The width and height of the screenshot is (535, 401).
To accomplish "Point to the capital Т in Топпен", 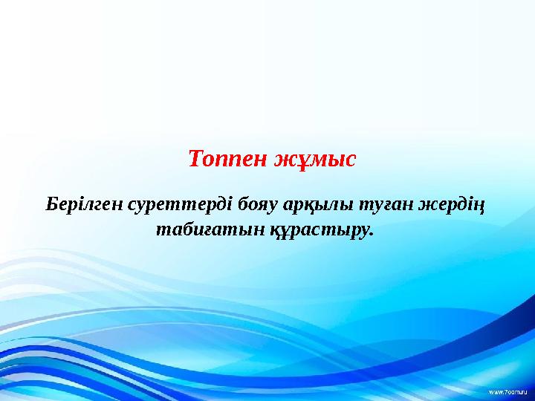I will click(195, 159).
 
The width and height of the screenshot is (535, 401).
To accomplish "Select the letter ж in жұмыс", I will click(285, 160).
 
